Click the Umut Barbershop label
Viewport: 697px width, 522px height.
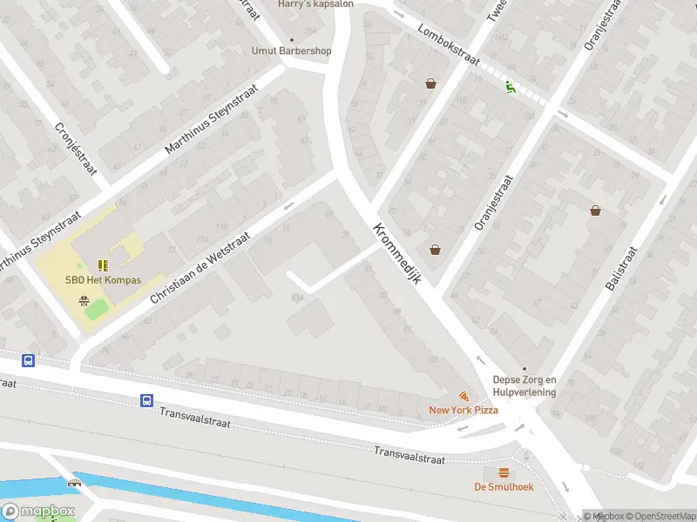point(291,50)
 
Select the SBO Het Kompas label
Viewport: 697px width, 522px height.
point(103,280)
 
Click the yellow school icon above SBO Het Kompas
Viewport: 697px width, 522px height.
point(103,265)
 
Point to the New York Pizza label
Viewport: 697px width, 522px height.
point(463,409)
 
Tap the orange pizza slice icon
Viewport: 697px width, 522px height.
point(463,395)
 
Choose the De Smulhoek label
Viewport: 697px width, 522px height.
point(504,486)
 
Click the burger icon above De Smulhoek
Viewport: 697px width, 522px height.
point(504,472)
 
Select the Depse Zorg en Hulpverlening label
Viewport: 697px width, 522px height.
point(524,385)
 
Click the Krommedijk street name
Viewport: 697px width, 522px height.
point(397,254)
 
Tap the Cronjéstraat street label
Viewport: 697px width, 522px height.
point(76,147)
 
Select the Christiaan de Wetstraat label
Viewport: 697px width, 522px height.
point(200,268)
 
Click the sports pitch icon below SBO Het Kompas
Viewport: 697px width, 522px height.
point(84,301)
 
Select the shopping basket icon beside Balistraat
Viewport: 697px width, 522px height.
point(595,210)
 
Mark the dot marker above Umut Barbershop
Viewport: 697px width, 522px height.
point(291,39)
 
